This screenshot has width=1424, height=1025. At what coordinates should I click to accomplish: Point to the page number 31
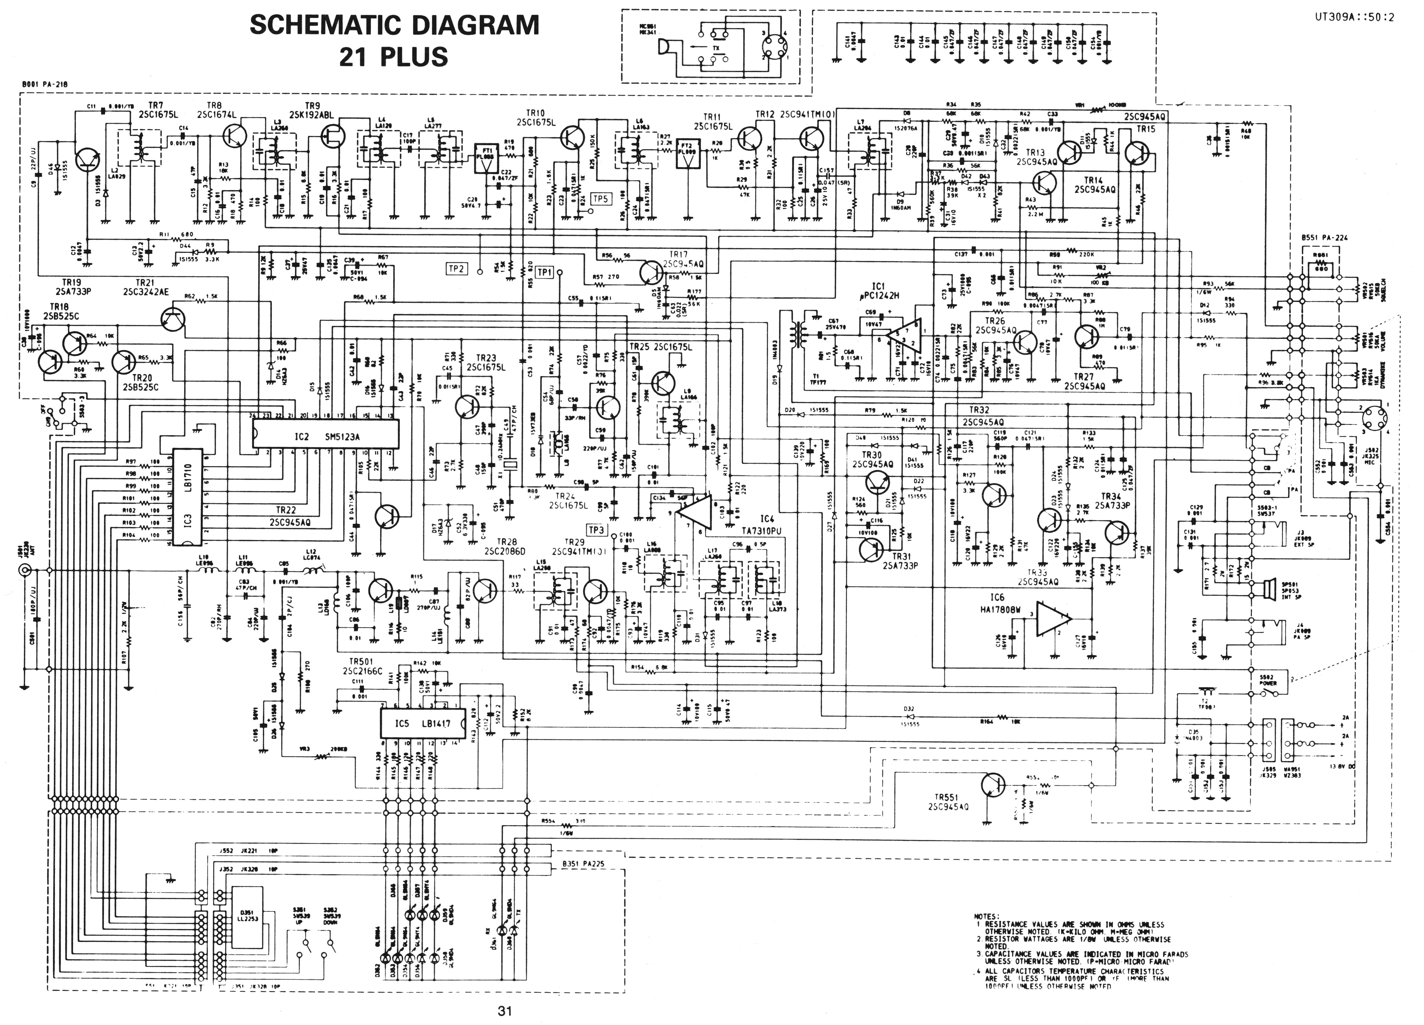(505, 1011)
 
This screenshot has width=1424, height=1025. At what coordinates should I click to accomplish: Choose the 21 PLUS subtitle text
(394, 57)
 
